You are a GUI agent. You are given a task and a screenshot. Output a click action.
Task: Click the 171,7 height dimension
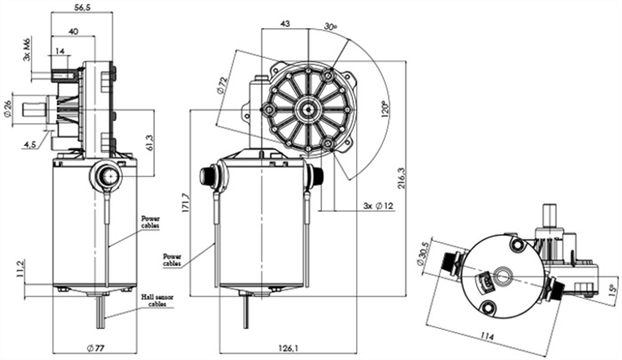pos(184,202)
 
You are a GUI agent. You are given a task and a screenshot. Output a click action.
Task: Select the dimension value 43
pos(285,23)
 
